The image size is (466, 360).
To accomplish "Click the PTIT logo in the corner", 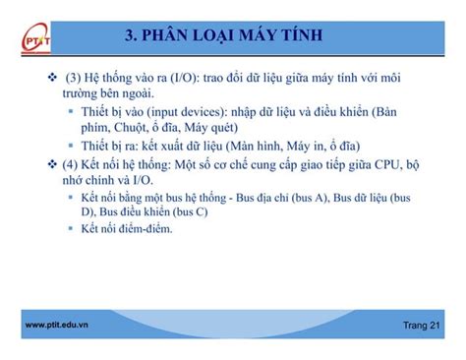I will click(x=29, y=41).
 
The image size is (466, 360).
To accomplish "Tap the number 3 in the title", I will click(x=132, y=37).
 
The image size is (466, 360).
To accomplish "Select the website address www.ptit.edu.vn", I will click(x=55, y=325).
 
